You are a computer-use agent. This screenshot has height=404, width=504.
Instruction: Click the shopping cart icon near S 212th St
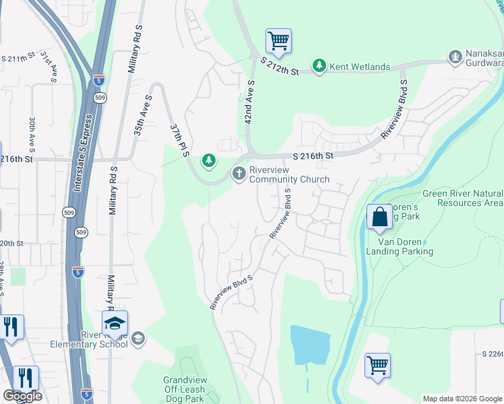(x=278, y=42)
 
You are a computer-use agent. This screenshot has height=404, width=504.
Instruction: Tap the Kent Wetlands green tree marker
(x=319, y=67)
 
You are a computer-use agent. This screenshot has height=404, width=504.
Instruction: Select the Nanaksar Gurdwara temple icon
(x=456, y=56)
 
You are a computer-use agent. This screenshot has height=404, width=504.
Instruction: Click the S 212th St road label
(x=280, y=65)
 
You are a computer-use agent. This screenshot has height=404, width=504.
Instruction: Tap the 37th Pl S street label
(x=178, y=140)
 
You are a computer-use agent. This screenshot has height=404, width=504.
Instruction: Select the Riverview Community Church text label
(x=289, y=175)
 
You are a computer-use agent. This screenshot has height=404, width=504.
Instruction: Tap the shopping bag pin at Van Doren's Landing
(x=379, y=217)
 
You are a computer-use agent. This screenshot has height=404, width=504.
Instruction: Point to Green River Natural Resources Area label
(x=470, y=198)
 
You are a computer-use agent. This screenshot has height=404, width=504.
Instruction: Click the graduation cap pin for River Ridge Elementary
(x=115, y=324)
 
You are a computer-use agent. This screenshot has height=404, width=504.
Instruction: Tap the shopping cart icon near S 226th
(x=377, y=366)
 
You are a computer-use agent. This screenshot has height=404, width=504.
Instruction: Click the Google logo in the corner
(x=22, y=396)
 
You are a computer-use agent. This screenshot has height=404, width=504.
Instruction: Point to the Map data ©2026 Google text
(x=462, y=399)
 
